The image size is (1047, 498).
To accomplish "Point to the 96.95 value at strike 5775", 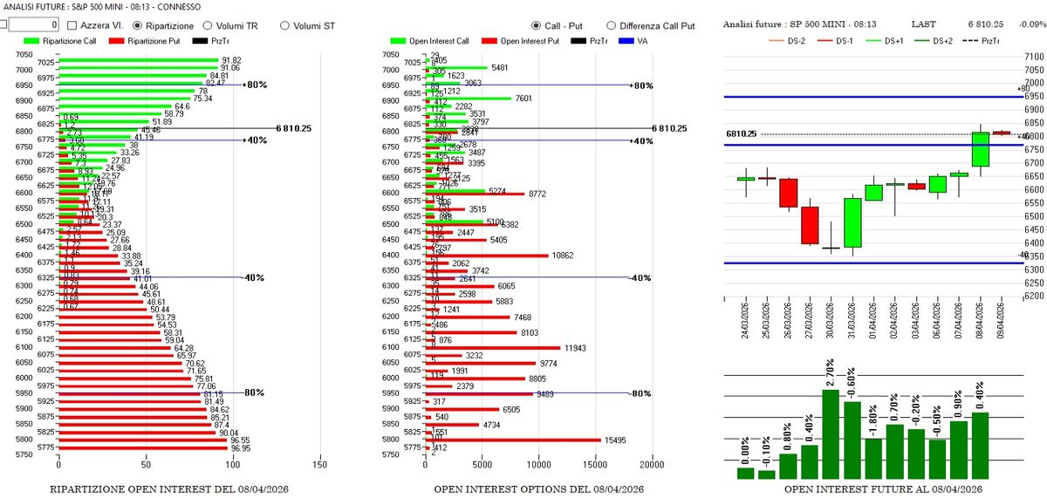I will tap(240, 448).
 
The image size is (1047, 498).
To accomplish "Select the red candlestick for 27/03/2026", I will tap(810, 225).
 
